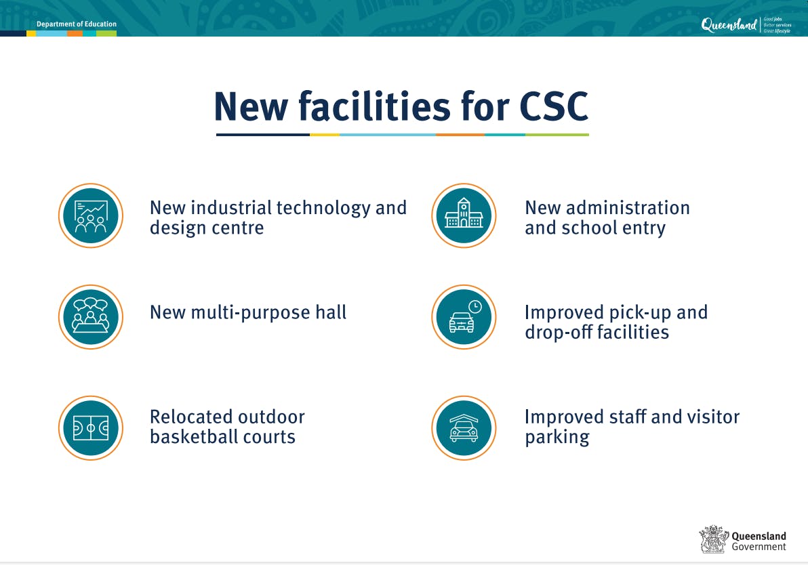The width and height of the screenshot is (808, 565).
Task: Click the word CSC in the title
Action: coord(554,106)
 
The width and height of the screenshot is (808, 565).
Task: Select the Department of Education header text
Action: coord(77,24)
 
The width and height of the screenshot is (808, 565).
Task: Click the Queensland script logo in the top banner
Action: coord(729,26)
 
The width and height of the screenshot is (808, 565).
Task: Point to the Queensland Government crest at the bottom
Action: coord(714,539)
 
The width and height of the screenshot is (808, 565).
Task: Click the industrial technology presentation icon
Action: coord(91,216)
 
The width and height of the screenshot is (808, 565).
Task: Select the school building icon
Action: coord(464,216)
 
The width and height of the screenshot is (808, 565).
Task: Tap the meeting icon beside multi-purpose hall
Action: coord(91,317)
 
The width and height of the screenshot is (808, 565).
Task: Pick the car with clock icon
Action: coord(464,317)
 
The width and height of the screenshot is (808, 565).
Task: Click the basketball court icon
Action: coord(91,428)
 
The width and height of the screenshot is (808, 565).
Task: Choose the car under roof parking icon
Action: coord(464,428)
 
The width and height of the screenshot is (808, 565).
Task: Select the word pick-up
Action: coord(638,312)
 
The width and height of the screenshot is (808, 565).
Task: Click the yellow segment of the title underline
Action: coord(325,135)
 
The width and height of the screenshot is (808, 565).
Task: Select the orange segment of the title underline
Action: coord(460,135)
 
